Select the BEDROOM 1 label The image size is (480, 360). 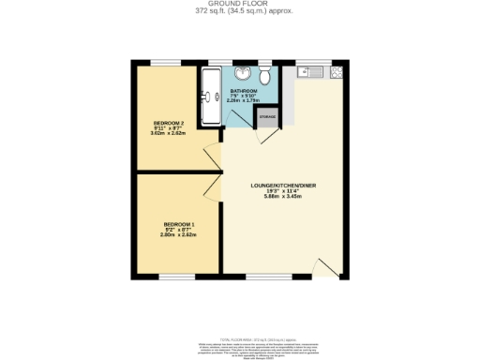coord(178,224)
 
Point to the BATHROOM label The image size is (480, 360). coord(244,91)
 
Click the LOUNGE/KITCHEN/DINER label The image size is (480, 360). coord(283,186)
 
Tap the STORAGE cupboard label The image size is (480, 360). coord(267,117)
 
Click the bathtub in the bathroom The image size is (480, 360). coord(208,97)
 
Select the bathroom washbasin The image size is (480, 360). coord(244,74)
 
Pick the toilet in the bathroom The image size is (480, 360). coord(265,75)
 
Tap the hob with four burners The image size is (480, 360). coord(336,72)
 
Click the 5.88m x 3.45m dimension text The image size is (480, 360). coord(283,198)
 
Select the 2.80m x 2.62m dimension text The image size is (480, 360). coord(178,235)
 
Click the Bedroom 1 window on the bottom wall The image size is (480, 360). coord(176,277)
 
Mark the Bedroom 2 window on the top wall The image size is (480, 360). coord(166,62)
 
